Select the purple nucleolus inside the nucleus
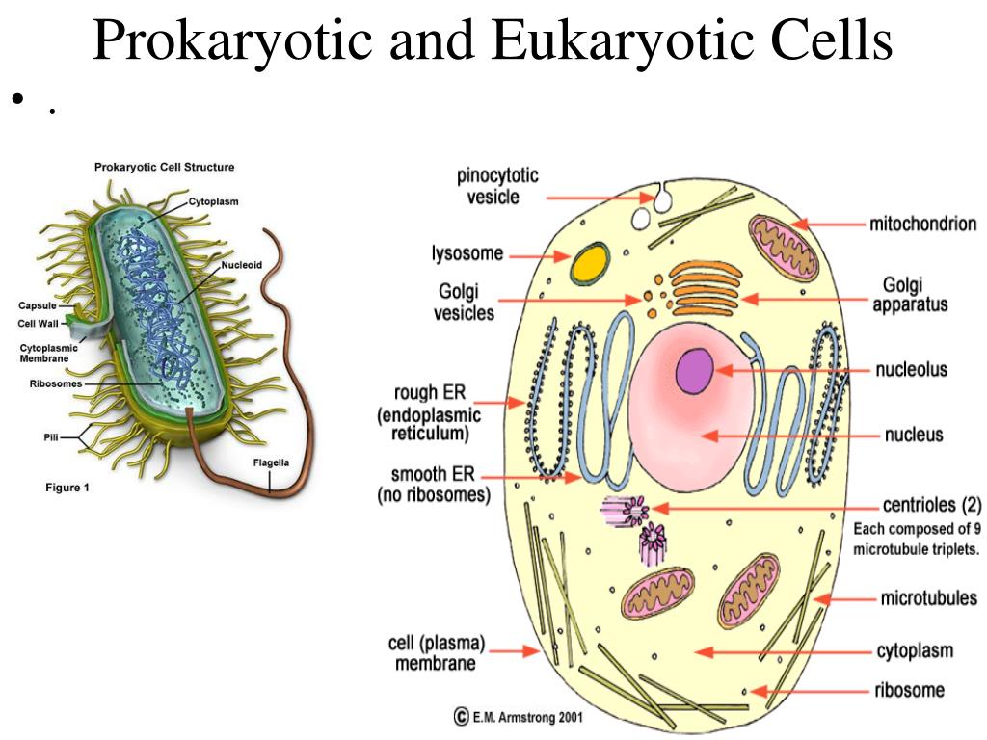point(694,372)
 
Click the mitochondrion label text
point(922,225)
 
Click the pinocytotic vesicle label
point(497,187)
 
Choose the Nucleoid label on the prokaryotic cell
point(242,264)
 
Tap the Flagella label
point(271,462)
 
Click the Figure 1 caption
point(67,488)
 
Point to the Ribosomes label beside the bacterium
point(55,383)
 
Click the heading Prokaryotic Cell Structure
point(164,167)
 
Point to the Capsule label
point(38,306)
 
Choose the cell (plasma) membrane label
point(437,652)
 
